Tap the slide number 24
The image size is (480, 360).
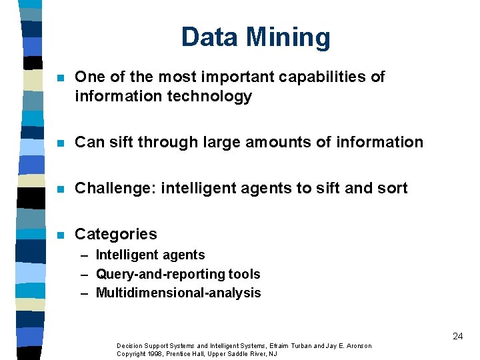tap(457, 336)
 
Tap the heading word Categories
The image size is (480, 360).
tap(116, 234)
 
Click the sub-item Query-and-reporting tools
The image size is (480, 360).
tap(178, 274)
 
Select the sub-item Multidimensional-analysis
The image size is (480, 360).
tap(178, 293)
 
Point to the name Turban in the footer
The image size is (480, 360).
tap(297, 345)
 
